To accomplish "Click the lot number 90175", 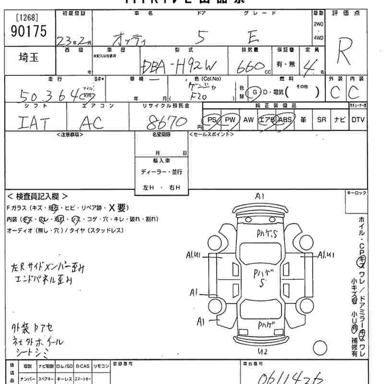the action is pyautogui.click(x=28, y=32).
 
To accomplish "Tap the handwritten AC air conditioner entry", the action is pyautogui.click(x=91, y=124).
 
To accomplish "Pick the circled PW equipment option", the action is pyautogui.click(x=230, y=120).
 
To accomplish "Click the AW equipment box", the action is pyautogui.click(x=248, y=120).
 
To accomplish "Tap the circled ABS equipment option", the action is pyautogui.click(x=285, y=120).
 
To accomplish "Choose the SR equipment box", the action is pyautogui.click(x=321, y=120).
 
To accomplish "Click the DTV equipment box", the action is pyautogui.click(x=358, y=120).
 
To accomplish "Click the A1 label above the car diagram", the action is pyautogui.click(x=260, y=196).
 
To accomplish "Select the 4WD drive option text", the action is pyautogui.click(x=318, y=37).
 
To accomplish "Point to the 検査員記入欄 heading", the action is pyautogui.click(x=38, y=196).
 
